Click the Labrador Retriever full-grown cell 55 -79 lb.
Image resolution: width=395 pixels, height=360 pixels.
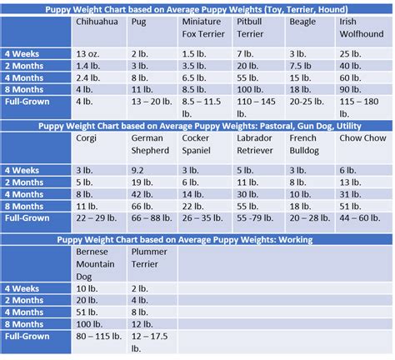pos(255,217)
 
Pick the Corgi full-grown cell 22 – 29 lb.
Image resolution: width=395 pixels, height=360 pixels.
pos(97,217)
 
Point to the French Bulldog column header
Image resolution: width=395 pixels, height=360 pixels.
pos(306,144)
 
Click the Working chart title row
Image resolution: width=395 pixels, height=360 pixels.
pos(197,239)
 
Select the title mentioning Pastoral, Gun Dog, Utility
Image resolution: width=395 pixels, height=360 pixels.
pos(197,125)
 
